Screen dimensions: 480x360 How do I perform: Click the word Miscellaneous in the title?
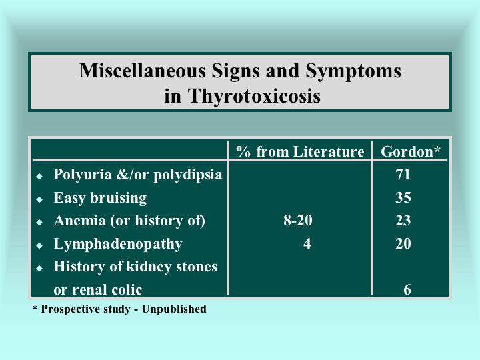coord(143,71)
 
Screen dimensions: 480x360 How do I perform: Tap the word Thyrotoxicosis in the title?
coord(254,96)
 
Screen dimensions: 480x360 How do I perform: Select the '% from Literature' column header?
coord(300,151)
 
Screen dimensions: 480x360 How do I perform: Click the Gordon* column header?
coord(411,151)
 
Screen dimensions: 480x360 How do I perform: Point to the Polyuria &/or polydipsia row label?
coord(138,175)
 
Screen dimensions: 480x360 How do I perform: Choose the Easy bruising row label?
coord(100,198)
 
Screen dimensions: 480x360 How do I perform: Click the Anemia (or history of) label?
coord(129,221)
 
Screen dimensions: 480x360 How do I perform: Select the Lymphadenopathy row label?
coord(118,244)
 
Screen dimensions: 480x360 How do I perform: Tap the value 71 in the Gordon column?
coord(403,175)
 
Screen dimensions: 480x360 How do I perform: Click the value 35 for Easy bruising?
coord(403,198)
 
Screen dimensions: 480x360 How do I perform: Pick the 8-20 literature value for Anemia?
coord(297,221)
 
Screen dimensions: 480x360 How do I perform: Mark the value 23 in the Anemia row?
coord(403,221)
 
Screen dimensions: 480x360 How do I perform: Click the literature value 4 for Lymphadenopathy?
coord(307,244)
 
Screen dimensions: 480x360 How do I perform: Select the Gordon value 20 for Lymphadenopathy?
coord(403,244)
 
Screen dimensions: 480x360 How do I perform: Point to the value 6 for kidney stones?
coord(407,289)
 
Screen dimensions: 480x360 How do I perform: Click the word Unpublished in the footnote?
coord(174,309)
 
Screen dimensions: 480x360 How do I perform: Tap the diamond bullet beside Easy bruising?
coord(39,199)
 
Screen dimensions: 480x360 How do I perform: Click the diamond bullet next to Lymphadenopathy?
coord(39,245)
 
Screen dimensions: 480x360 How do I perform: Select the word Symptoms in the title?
coord(353,71)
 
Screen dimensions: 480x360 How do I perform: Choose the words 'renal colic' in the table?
coord(107,290)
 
